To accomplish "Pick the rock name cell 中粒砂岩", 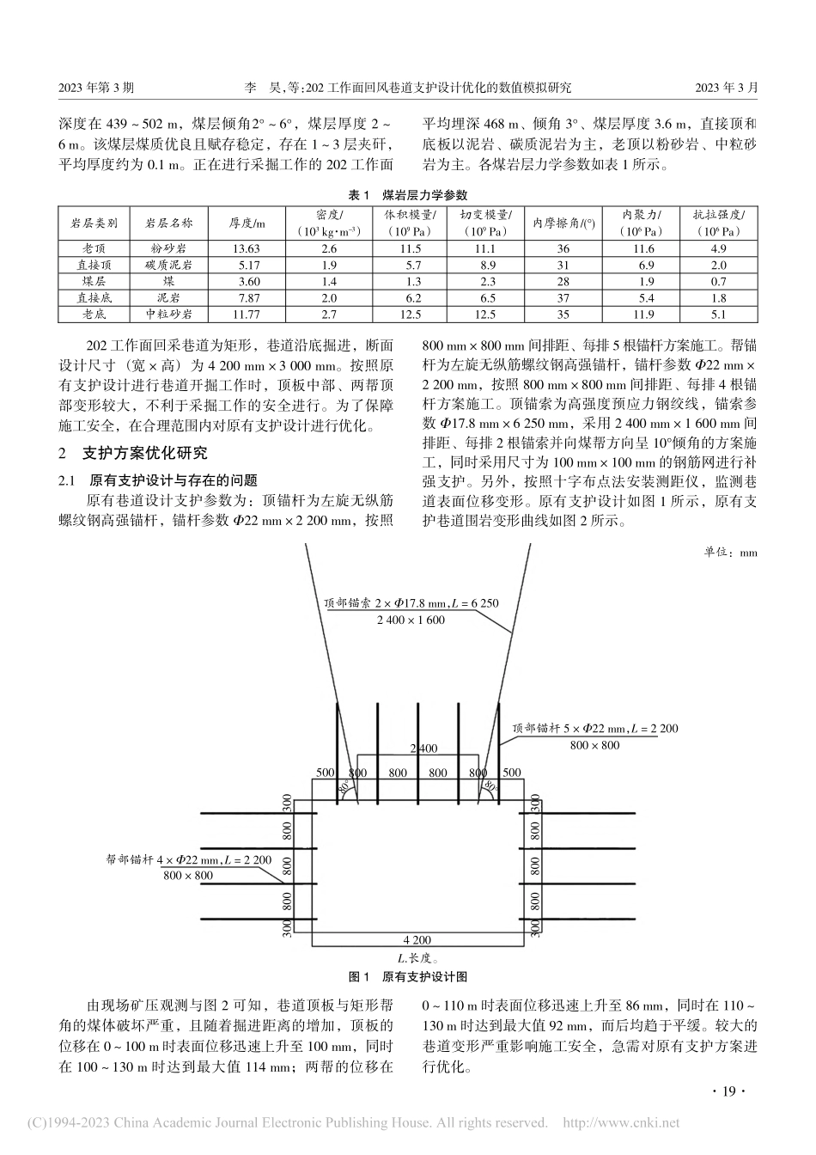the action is click(x=169, y=314).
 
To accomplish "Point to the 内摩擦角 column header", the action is click(x=563, y=223).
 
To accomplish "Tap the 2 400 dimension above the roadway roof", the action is click(x=423, y=748).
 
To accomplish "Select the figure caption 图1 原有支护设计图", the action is click(x=407, y=976).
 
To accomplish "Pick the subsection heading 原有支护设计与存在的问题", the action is click(x=172, y=480).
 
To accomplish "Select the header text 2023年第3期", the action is click(x=95, y=87).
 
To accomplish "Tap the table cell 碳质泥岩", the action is click(x=169, y=265).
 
